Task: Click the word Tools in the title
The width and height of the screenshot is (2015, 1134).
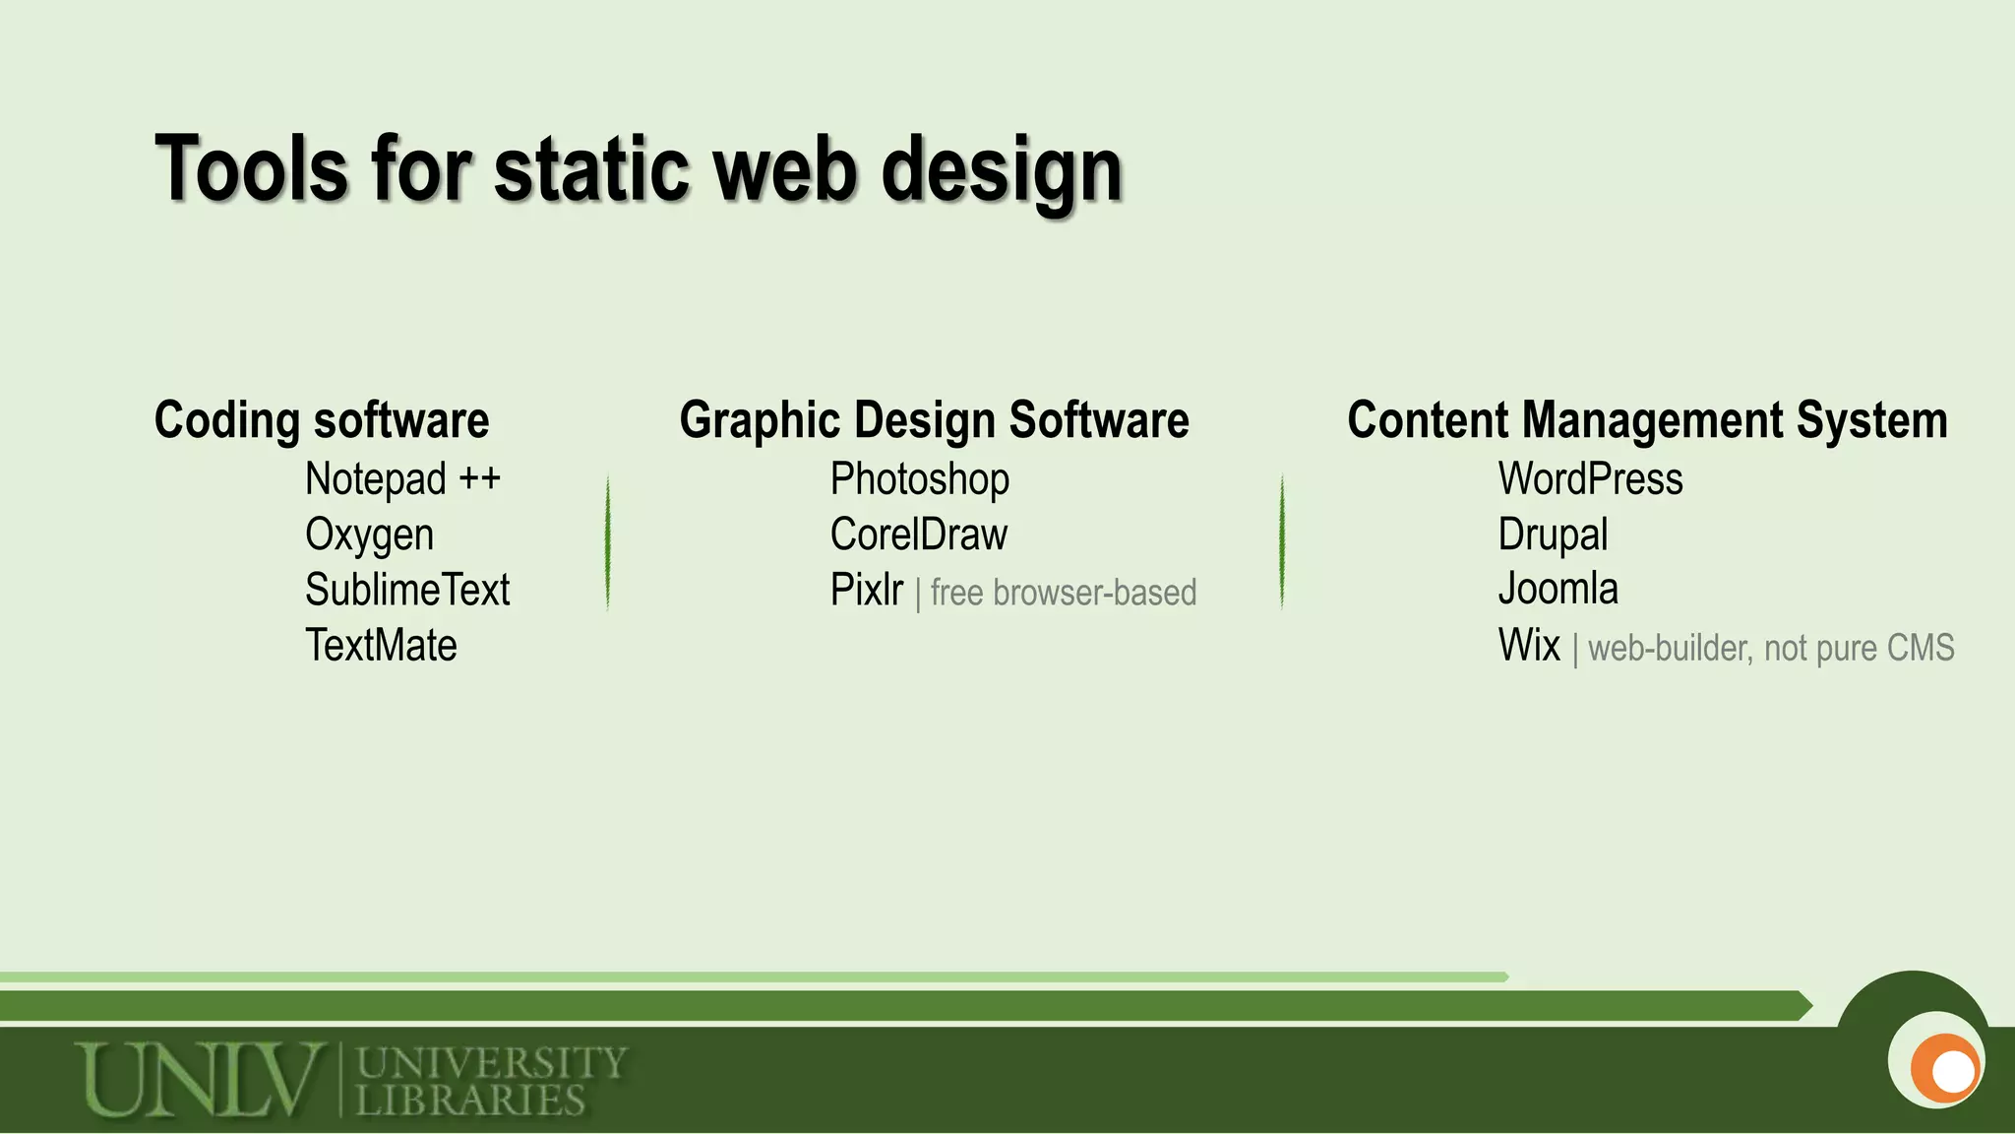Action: (x=252, y=169)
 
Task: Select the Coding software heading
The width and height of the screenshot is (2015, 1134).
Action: (x=322, y=420)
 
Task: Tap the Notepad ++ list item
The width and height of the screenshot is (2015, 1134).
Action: (x=402, y=479)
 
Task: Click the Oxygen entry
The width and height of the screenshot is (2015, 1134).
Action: (x=369, y=535)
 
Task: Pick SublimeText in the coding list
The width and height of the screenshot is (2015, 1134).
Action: (x=407, y=591)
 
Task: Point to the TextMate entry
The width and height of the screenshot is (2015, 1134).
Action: (x=381, y=646)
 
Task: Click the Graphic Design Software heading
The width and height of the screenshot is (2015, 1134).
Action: (x=934, y=420)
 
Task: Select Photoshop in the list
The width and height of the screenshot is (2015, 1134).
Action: (x=919, y=479)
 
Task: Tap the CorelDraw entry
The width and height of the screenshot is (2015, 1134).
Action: (x=918, y=535)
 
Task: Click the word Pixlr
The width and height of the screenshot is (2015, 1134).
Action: (x=866, y=591)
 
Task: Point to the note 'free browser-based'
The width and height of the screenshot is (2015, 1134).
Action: (x=1064, y=594)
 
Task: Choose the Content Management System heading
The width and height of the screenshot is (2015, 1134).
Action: (x=1647, y=420)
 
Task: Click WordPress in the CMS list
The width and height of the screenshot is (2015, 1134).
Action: (x=1590, y=479)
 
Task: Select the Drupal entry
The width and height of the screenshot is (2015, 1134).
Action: (x=1553, y=535)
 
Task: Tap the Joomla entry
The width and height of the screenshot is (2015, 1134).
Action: (x=1557, y=590)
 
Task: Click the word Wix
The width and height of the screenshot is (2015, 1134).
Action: (x=1529, y=646)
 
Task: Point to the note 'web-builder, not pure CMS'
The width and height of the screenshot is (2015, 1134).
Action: (x=1771, y=649)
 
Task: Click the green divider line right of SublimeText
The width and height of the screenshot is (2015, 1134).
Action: (x=608, y=542)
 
